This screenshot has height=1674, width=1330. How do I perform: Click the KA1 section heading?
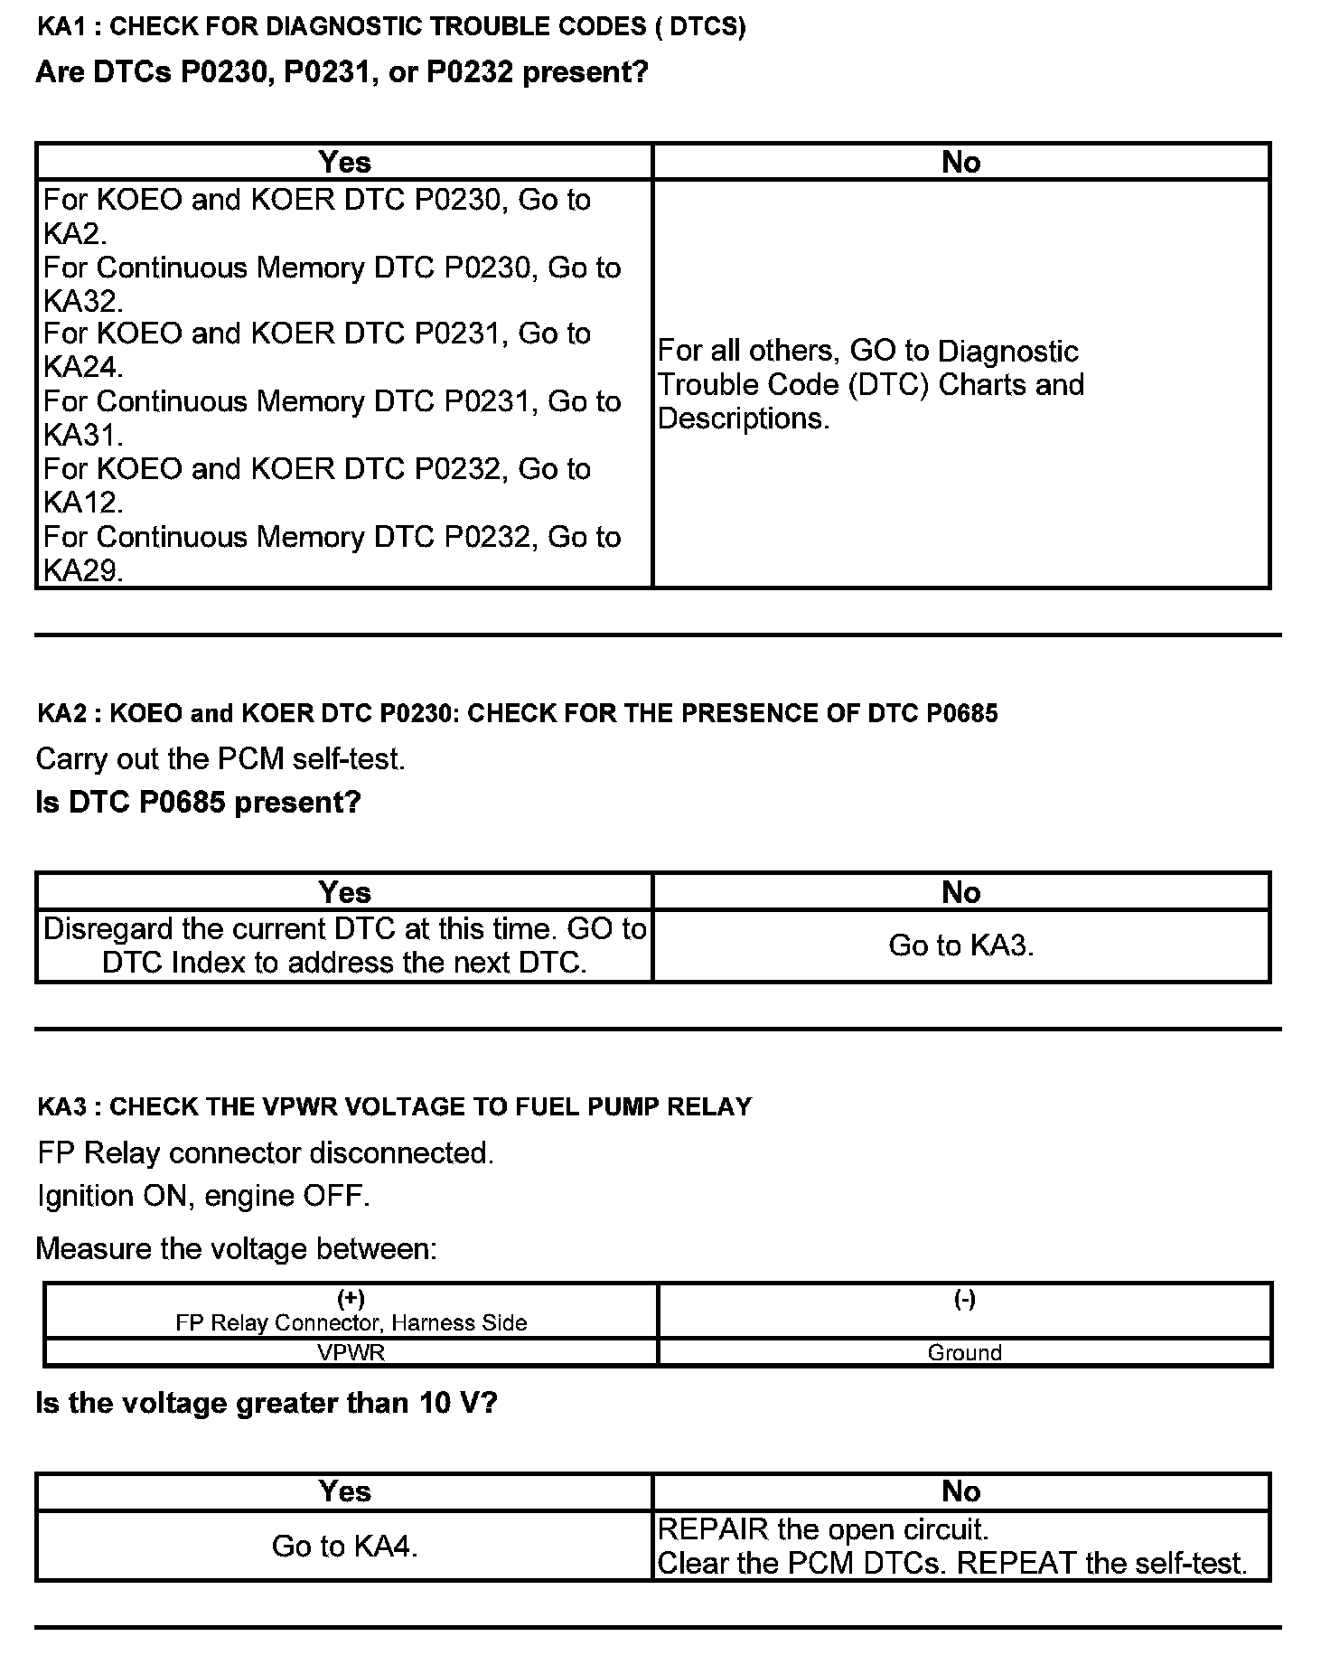coord(391,26)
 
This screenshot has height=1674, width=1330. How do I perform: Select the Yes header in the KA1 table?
coord(344,162)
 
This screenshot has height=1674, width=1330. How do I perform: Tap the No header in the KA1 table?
coord(960,162)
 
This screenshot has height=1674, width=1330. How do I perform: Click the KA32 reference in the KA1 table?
coord(82,301)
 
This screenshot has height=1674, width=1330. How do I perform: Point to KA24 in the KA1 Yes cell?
coord(82,368)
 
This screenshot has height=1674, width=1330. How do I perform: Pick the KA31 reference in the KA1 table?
coord(82,436)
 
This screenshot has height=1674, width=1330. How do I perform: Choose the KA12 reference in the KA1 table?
coord(82,503)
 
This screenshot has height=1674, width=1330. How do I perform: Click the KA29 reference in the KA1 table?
coord(82,570)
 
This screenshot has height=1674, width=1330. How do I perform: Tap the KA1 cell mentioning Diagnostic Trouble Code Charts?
coord(870,384)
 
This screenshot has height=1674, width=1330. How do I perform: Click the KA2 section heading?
coord(517,713)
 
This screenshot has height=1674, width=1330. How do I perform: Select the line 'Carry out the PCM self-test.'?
coord(220,758)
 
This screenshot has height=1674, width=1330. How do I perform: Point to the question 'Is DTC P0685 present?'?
coord(198,802)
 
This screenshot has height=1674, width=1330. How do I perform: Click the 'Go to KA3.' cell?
coord(960,945)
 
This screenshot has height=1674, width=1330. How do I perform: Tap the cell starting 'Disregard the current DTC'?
coord(344,945)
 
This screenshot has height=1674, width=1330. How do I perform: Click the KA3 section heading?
coord(394,1106)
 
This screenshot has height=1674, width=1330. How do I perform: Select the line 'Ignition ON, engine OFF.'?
coord(203,1196)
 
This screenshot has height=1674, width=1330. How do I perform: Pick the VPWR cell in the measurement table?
coord(351,1352)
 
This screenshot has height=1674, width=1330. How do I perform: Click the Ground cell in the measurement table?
coord(964,1352)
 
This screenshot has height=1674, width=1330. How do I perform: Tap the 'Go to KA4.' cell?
coord(344,1547)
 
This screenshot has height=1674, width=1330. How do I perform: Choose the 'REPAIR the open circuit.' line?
coord(823,1529)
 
